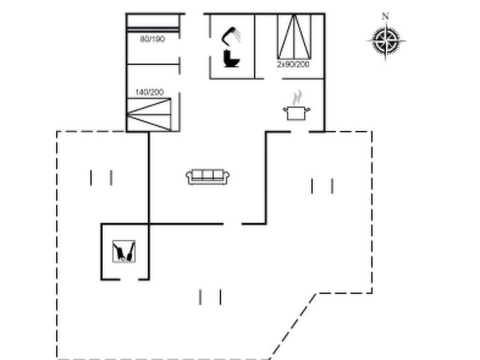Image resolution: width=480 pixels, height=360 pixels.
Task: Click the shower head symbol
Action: [231, 36]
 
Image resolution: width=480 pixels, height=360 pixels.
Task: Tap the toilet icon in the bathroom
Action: [231, 59]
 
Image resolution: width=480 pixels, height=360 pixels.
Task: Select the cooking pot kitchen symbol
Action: [296, 113]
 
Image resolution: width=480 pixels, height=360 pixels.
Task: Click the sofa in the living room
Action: [208, 177]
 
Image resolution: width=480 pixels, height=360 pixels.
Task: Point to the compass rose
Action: [386, 40]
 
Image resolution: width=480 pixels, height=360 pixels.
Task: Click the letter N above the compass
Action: [385, 17]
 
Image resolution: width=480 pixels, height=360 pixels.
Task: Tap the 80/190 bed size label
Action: [153, 39]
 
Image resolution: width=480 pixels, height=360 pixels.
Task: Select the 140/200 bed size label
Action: [149, 92]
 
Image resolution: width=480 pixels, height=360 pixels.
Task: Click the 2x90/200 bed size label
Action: [293, 64]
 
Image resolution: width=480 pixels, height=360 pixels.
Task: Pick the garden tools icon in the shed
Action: [124, 251]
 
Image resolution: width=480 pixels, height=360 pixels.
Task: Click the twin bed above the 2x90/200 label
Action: [294, 36]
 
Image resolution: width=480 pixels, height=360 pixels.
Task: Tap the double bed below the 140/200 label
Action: [149, 114]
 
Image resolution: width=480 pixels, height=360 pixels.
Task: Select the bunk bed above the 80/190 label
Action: [153, 23]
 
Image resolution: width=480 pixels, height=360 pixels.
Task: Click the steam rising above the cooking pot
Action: [297, 98]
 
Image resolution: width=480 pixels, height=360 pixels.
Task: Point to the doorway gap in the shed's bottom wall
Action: [129, 279]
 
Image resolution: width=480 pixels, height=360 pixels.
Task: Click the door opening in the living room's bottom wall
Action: [232, 224]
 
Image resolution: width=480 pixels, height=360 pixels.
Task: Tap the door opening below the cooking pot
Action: [299, 132]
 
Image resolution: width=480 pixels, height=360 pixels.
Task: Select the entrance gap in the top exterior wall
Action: [195, 13]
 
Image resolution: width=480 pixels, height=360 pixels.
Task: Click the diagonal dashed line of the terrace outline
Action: [293, 326]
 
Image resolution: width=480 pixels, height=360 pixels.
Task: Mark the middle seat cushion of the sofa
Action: [207, 175]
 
